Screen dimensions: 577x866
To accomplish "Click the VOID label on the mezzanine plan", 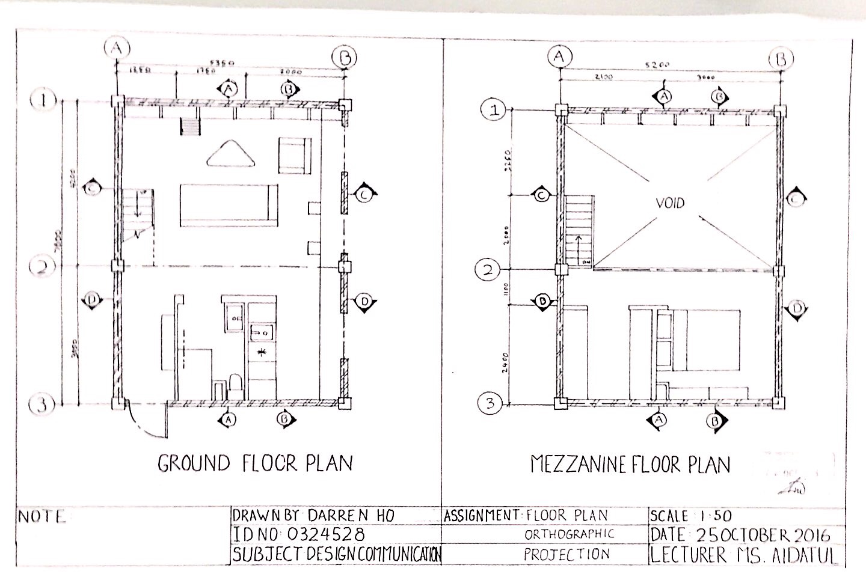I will click(x=671, y=203).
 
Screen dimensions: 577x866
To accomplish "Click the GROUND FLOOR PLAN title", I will click(x=255, y=463).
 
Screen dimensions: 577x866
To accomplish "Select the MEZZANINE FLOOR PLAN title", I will click(x=631, y=465).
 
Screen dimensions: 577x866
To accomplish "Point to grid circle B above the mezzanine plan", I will click(x=781, y=60).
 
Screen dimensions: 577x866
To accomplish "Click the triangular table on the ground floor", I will click(x=231, y=154).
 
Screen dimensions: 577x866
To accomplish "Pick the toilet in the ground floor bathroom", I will click(x=235, y=385).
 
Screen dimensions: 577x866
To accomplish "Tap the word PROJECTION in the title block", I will click(x=566, y=554).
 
